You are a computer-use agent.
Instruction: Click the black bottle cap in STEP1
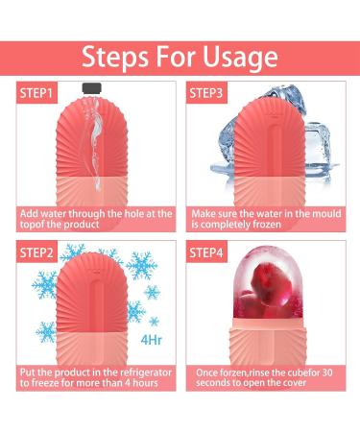91,87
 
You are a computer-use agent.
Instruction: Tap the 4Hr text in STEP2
151,338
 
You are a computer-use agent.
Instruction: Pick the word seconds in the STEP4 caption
209,384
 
